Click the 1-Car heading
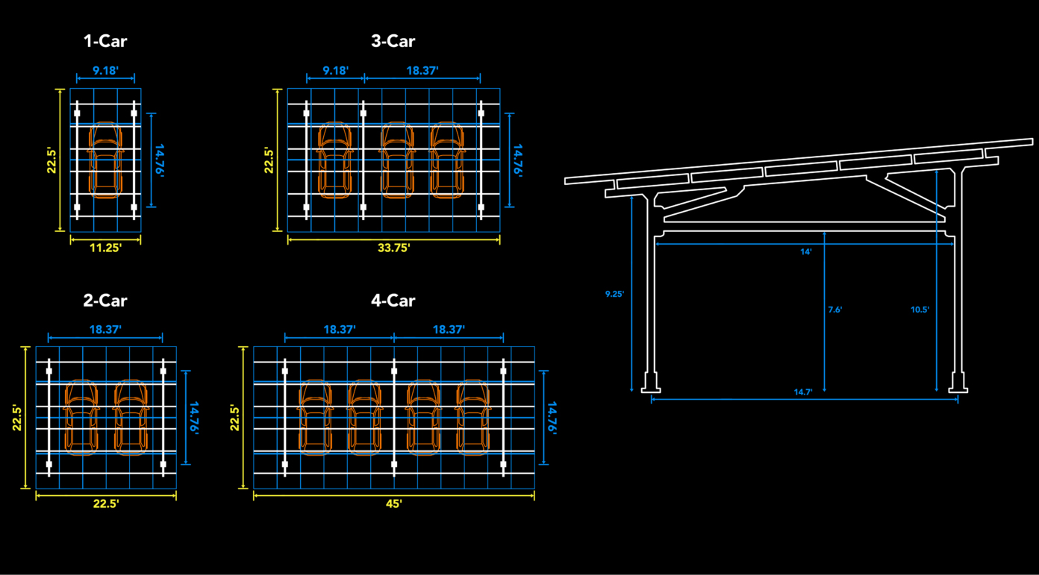[105, 42]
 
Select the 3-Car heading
[393, 42]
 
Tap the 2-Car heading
[105, 301]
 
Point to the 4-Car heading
[393, 301]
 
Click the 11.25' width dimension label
[105, 248]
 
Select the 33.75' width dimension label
[393, 248]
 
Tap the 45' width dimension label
[394, 504]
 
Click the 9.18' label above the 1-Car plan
[105, 71]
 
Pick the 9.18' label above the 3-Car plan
[335, 71]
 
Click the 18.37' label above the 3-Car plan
[422, 71]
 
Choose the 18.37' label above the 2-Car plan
[105, 329]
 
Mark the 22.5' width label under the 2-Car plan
[106, 504]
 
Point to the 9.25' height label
[614, 294]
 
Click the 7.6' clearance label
[834, 310]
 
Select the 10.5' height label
[920, 310]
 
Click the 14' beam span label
[806, 252]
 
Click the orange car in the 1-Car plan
[105, 160]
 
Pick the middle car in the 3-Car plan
[396, 160]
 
